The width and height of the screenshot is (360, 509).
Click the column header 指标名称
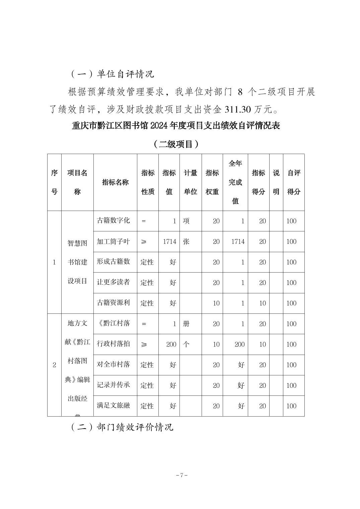[x=115, y=183]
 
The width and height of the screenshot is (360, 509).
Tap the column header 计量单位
[x=191, y=183]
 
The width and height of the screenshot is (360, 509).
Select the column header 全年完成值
[x=235, y=183]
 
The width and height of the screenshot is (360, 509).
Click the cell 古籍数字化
[x=113, y=221]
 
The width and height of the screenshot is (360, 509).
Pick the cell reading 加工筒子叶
[x=113, y=241]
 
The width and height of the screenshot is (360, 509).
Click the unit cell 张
[x=186, y=241]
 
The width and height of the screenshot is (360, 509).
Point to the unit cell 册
[x=186, y=324]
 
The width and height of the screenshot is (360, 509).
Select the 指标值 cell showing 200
[x=171, y=344]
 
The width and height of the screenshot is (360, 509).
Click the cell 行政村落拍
[x=113, y=344]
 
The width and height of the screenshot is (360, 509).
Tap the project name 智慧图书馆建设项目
[x=77, y=262]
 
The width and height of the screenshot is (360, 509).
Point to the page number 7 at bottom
[x=181, y=475]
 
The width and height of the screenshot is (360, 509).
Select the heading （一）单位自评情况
[x=112, y=74]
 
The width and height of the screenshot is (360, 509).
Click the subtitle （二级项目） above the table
[x=176, y=144]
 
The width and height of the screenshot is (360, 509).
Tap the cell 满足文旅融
[x=113, y=406]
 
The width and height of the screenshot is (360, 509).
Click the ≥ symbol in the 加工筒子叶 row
[x=144, y=242]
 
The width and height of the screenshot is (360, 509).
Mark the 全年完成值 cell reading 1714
[x=238, y=241]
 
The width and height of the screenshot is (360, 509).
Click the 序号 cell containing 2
[x=54, y=365]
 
